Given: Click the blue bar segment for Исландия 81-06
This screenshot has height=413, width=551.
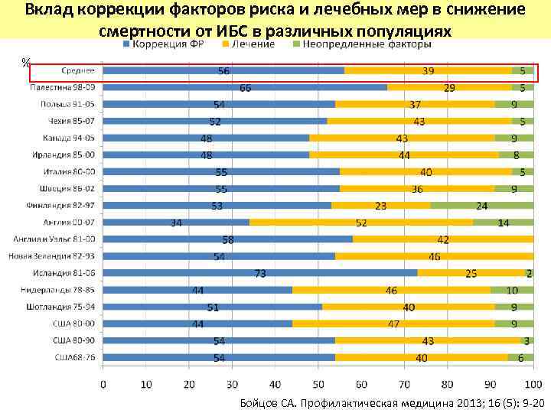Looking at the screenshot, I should pyautogui.click(x=260, y=272).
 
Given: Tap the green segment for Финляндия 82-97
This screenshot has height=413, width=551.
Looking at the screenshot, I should pyautogui.click(x=482, y=205).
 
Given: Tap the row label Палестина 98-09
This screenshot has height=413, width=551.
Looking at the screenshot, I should pyautogui.click(x=64, y=87).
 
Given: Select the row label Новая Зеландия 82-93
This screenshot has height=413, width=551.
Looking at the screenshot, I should pyautogui.click(x=54, y=255).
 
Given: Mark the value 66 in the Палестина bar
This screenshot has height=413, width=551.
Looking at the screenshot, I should pyautogui.click(x=246, y=88).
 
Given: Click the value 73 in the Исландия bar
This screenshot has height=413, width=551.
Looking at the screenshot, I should pyautogui.click(x=260, y=274).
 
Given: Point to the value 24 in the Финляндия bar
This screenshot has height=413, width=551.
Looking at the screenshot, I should pyautogui.click(x=481, y=206).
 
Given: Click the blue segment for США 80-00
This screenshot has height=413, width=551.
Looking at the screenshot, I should pyautogui.click(x=197, y=323).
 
